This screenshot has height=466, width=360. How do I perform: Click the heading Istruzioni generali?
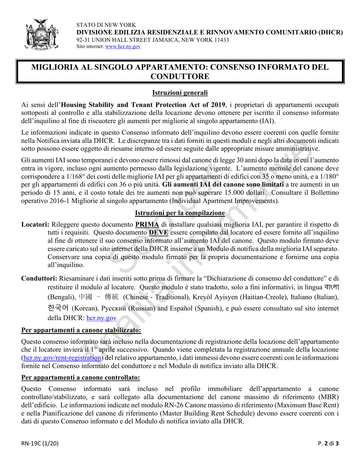click(x=180, y=92)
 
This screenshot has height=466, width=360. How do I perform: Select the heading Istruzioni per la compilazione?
click(x=180, y=213)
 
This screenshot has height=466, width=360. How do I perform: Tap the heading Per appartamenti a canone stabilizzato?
click(x=81, y=330)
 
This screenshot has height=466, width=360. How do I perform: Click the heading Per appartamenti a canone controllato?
click(x=81, y=377)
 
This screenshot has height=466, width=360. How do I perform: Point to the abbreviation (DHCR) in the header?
click(x=329, y=33)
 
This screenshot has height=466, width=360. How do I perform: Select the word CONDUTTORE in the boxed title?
click(x=180, y=76)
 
